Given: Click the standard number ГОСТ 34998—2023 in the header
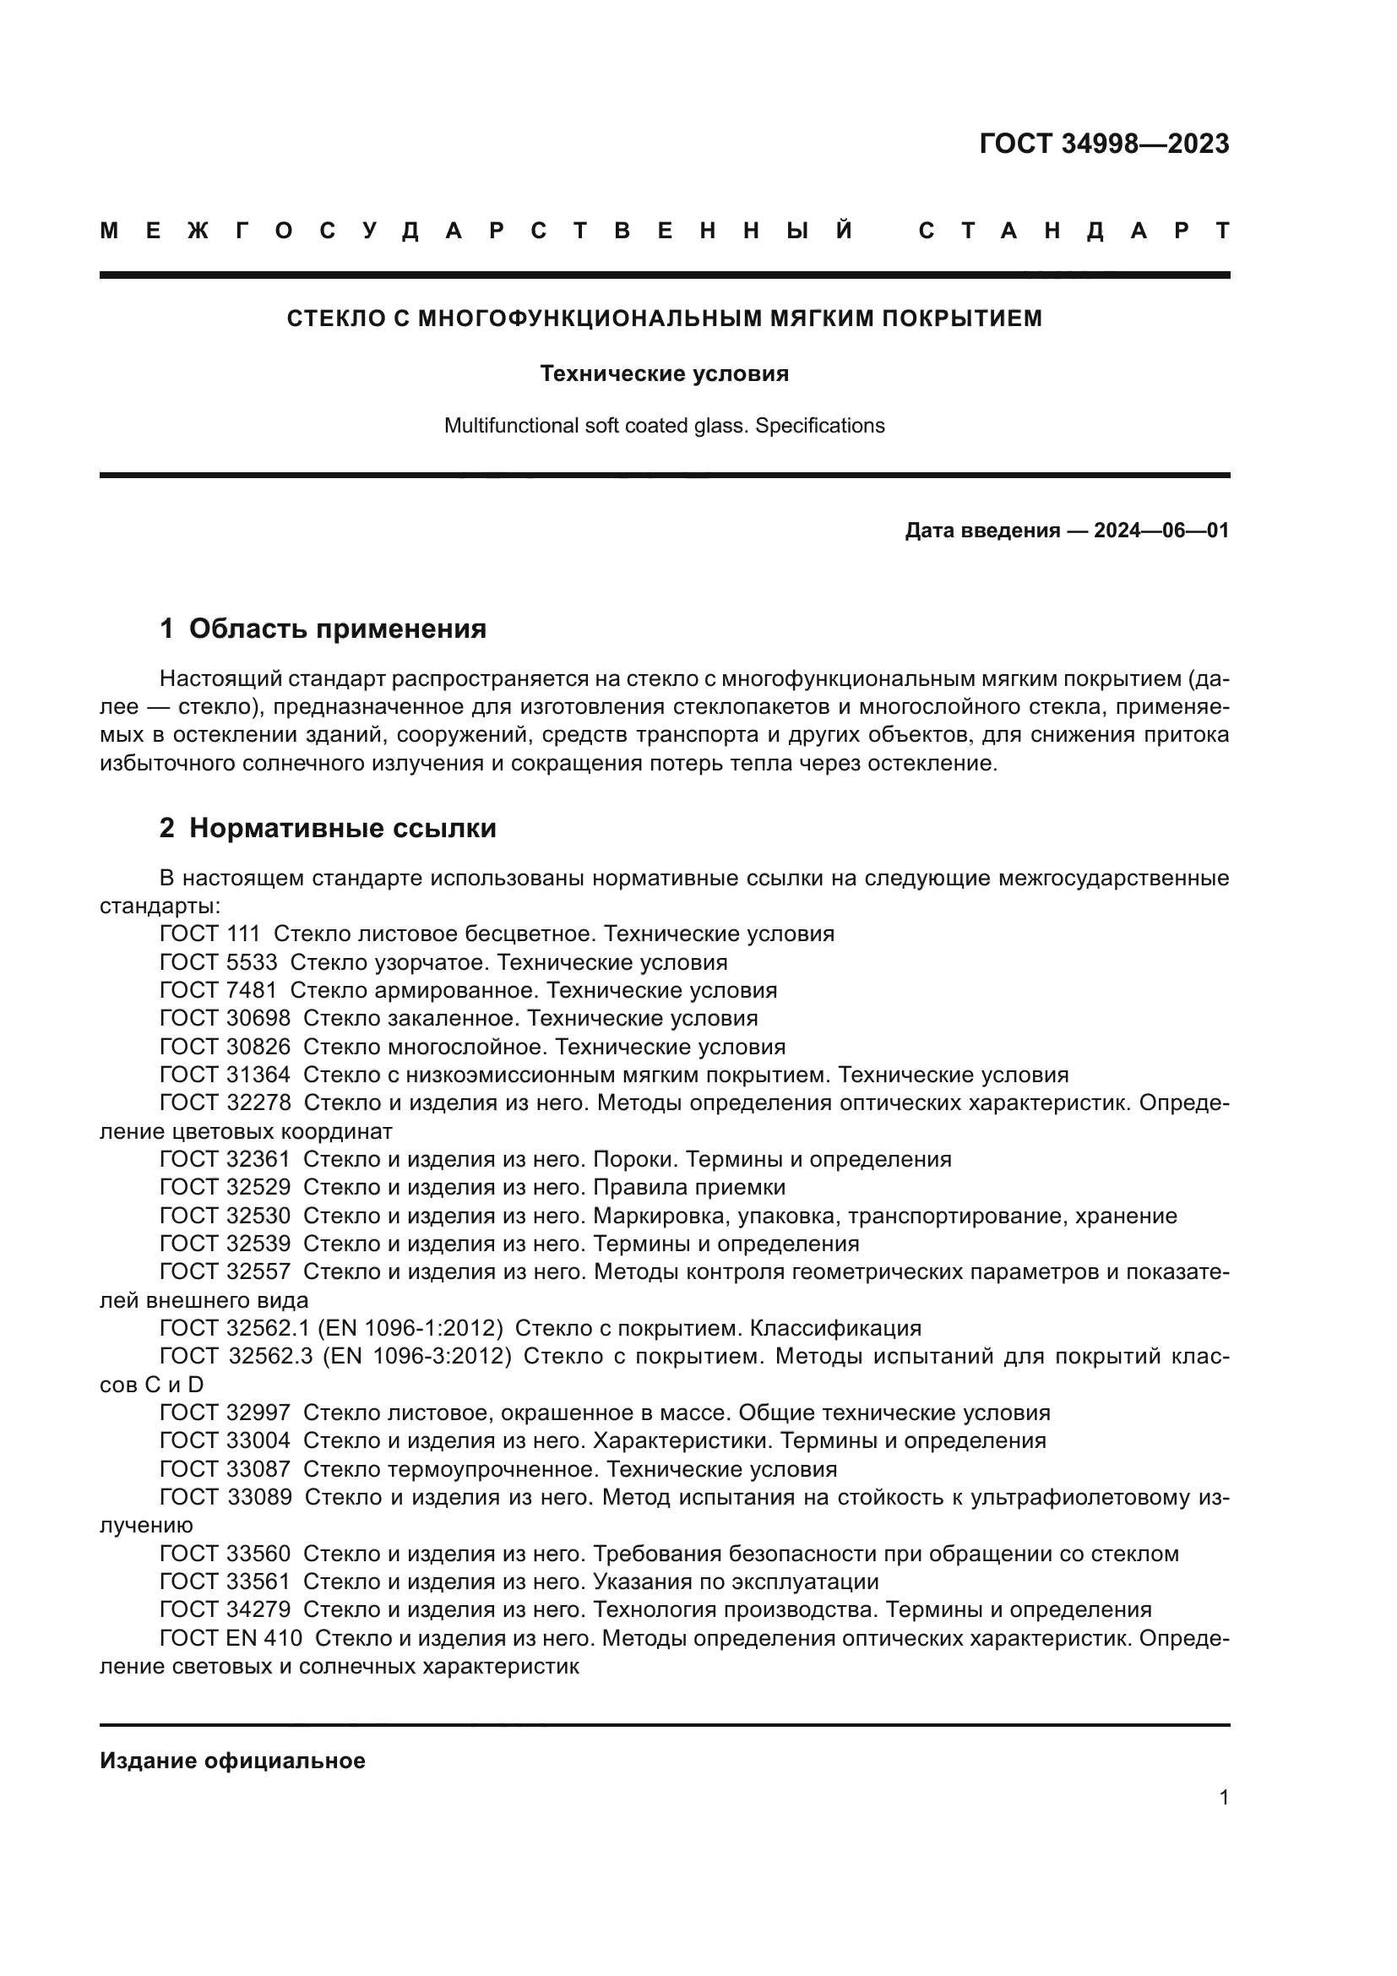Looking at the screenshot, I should click(1104, 144).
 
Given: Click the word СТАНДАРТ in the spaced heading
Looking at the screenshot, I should click(1074, 231).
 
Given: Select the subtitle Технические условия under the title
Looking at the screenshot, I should click(664, 373).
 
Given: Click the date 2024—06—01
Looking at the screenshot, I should click(1161, 531).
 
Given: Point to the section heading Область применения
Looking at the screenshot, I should click(337, 629).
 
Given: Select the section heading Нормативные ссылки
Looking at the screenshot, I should click(342, 829).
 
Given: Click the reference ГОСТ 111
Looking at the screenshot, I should click(210, 934).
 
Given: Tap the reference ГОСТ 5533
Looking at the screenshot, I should click(219, 962).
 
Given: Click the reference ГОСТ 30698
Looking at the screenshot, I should click(225, 1019).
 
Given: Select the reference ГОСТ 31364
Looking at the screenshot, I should click(225, 1075).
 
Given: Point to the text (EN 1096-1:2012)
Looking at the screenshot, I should click(410, 1328).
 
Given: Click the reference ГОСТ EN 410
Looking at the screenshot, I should click(231, 1639).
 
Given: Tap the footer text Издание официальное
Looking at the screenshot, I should click(232, 1761).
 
